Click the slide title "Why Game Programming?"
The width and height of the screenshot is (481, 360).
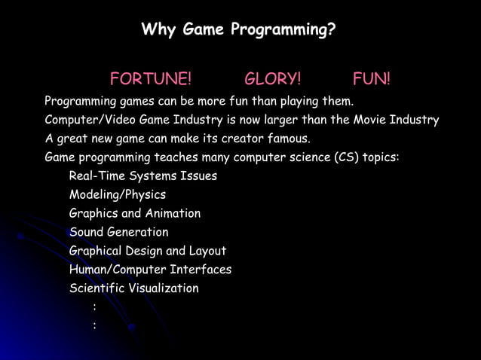click(238, 31)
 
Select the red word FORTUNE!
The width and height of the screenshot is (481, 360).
click(151, 79)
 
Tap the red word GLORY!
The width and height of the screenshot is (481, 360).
click(273, 79)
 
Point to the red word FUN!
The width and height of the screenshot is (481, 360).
click(371, 79)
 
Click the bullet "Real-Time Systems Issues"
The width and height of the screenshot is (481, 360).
click(143, 176)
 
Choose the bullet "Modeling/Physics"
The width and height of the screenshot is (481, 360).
click(117, 195)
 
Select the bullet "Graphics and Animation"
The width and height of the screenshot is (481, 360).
click(135, 214)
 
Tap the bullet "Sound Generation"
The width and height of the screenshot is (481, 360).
click(119, 232)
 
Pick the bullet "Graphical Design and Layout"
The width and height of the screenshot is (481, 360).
click(148, 251)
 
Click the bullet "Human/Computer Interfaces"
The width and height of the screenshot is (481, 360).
click(150, 270)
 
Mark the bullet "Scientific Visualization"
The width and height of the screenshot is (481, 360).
click(134, 288)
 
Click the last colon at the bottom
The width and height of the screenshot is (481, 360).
click(94, 325)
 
